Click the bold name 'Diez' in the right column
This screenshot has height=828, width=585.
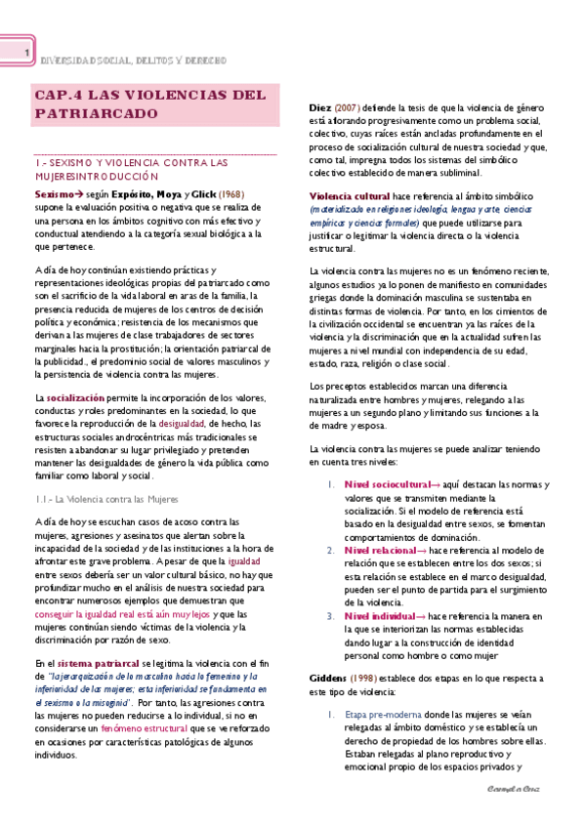(319, 106)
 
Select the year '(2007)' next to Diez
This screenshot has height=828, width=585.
(348, 106)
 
